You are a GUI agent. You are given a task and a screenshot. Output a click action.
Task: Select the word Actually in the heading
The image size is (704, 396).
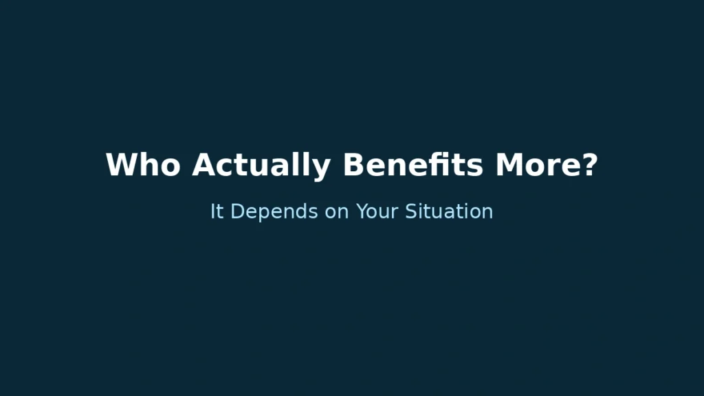261,165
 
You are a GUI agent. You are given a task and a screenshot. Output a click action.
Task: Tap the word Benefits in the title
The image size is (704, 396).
412,165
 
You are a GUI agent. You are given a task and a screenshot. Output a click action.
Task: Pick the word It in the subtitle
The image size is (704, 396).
217,211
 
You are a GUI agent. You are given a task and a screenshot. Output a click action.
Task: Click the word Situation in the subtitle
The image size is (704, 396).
448,211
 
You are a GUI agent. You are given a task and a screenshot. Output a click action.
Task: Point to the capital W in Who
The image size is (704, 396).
121,165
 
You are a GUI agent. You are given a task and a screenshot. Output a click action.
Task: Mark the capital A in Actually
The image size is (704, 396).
203,165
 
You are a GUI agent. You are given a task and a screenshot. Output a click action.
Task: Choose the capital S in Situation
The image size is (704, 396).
410,211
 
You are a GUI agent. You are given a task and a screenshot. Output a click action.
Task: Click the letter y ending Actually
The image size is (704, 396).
322,168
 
